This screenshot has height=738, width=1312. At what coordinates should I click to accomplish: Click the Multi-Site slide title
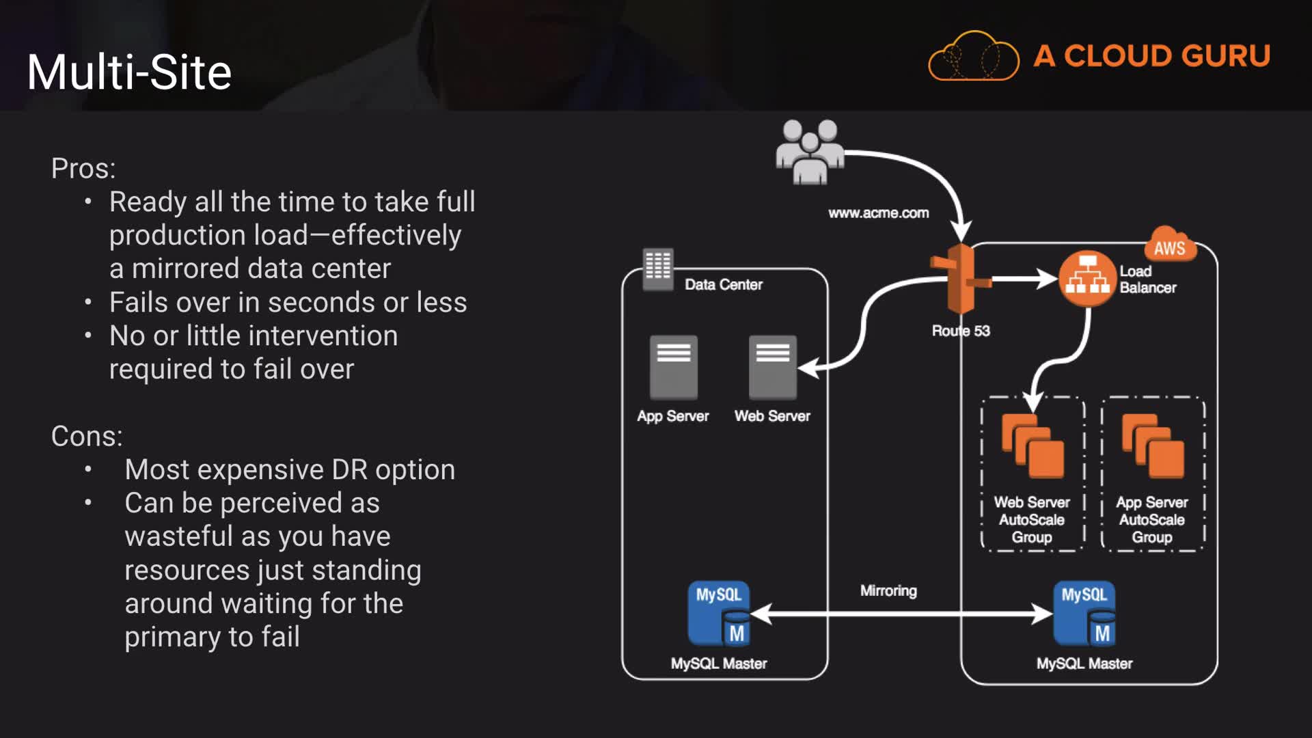129,72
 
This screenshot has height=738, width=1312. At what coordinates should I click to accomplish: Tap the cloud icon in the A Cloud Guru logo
974,56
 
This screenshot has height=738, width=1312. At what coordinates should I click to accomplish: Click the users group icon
810,152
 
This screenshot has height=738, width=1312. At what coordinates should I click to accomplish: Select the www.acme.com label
878,213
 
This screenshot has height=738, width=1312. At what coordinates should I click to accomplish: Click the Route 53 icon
961,279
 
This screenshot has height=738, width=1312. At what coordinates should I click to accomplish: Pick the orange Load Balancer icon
1087,279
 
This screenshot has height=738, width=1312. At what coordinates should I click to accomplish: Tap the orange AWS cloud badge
1170,246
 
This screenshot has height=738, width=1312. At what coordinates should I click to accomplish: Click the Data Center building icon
658,268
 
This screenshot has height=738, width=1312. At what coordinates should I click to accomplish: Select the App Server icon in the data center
673,367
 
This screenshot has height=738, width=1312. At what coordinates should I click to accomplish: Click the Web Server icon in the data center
772,367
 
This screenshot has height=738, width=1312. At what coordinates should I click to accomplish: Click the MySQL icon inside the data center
719,614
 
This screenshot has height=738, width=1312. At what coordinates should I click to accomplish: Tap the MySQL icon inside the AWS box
1084,614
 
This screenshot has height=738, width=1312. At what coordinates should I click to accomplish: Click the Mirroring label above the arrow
888,590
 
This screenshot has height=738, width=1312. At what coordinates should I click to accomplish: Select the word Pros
82,169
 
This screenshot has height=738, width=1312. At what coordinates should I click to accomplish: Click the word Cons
85,437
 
